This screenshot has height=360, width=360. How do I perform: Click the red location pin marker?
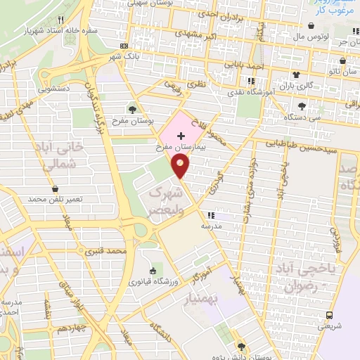point(181,166)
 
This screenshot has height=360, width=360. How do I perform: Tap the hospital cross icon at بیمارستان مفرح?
point(183,134)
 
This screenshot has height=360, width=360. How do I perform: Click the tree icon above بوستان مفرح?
point(132,109)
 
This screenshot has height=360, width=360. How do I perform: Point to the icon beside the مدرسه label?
point(210,216)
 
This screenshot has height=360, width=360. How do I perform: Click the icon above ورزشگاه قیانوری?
point(153,271)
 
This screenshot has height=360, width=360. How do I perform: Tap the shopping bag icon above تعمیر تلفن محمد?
point(55,189)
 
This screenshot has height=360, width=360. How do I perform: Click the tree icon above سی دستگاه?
point(302,106)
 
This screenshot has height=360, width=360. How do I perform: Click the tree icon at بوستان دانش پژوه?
point(241,347)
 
